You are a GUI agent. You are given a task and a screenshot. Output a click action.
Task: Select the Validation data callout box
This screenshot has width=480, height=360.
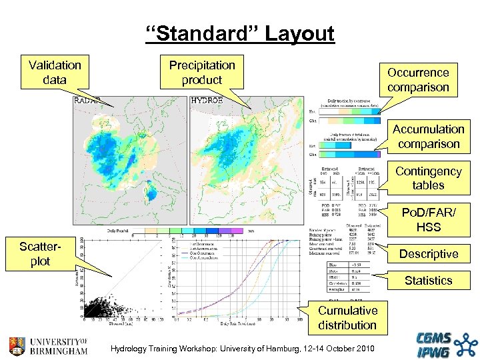tap(55, 73)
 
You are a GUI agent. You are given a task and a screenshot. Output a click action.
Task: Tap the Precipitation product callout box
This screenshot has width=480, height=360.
tap(202, 73)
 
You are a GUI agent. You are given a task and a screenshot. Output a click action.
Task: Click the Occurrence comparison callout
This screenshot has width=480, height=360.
tap(418, 80)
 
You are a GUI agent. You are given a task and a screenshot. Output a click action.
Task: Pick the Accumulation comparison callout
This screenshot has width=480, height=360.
tap(428, 137)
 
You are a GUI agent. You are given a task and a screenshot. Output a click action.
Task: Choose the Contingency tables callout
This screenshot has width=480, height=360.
tap(428, 178)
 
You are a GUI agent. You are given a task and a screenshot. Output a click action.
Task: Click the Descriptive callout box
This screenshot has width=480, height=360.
tap(428, 254)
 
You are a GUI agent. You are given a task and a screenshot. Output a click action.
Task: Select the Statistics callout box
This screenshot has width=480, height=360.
tap(428, 281)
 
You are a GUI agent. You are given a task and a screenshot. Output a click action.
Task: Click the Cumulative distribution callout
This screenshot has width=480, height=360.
tap(347, 318)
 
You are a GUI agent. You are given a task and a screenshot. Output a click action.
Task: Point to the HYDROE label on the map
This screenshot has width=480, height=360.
tap(207, 101)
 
